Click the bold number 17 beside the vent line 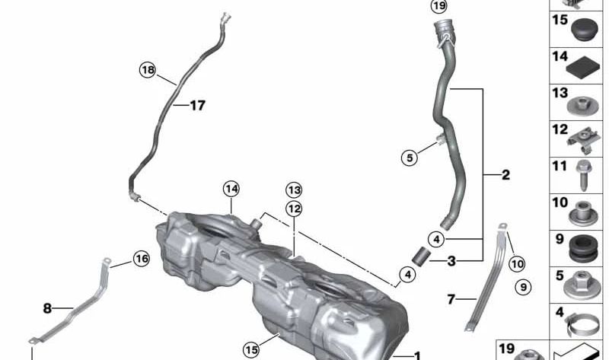pyautogui.click(x=197, y=106)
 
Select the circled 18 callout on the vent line pyautogui.click(x=147, y=70)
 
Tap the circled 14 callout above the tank pyautogui.click(x=231, y=188)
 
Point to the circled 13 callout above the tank pyautogui.click(x=294, y=190)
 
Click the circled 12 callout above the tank pyautogui.click(x=294, y=208)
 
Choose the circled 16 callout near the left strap pyautogui.click(x=141, y=259)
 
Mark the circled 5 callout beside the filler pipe pyautogui.click(x=410, y=158)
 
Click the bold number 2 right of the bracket pyautogui.click(x=506, y=175)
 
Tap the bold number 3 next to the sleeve pyautogui.click(x=451, y=261)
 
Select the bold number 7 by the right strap pyautogui.click(x=451, y=300)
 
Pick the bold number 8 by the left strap pyautogui.click(x=47, y=309)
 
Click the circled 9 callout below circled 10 pyautogui.click(x=521, y=287)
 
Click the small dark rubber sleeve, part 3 pyautogui.click(x=421, y=256)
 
